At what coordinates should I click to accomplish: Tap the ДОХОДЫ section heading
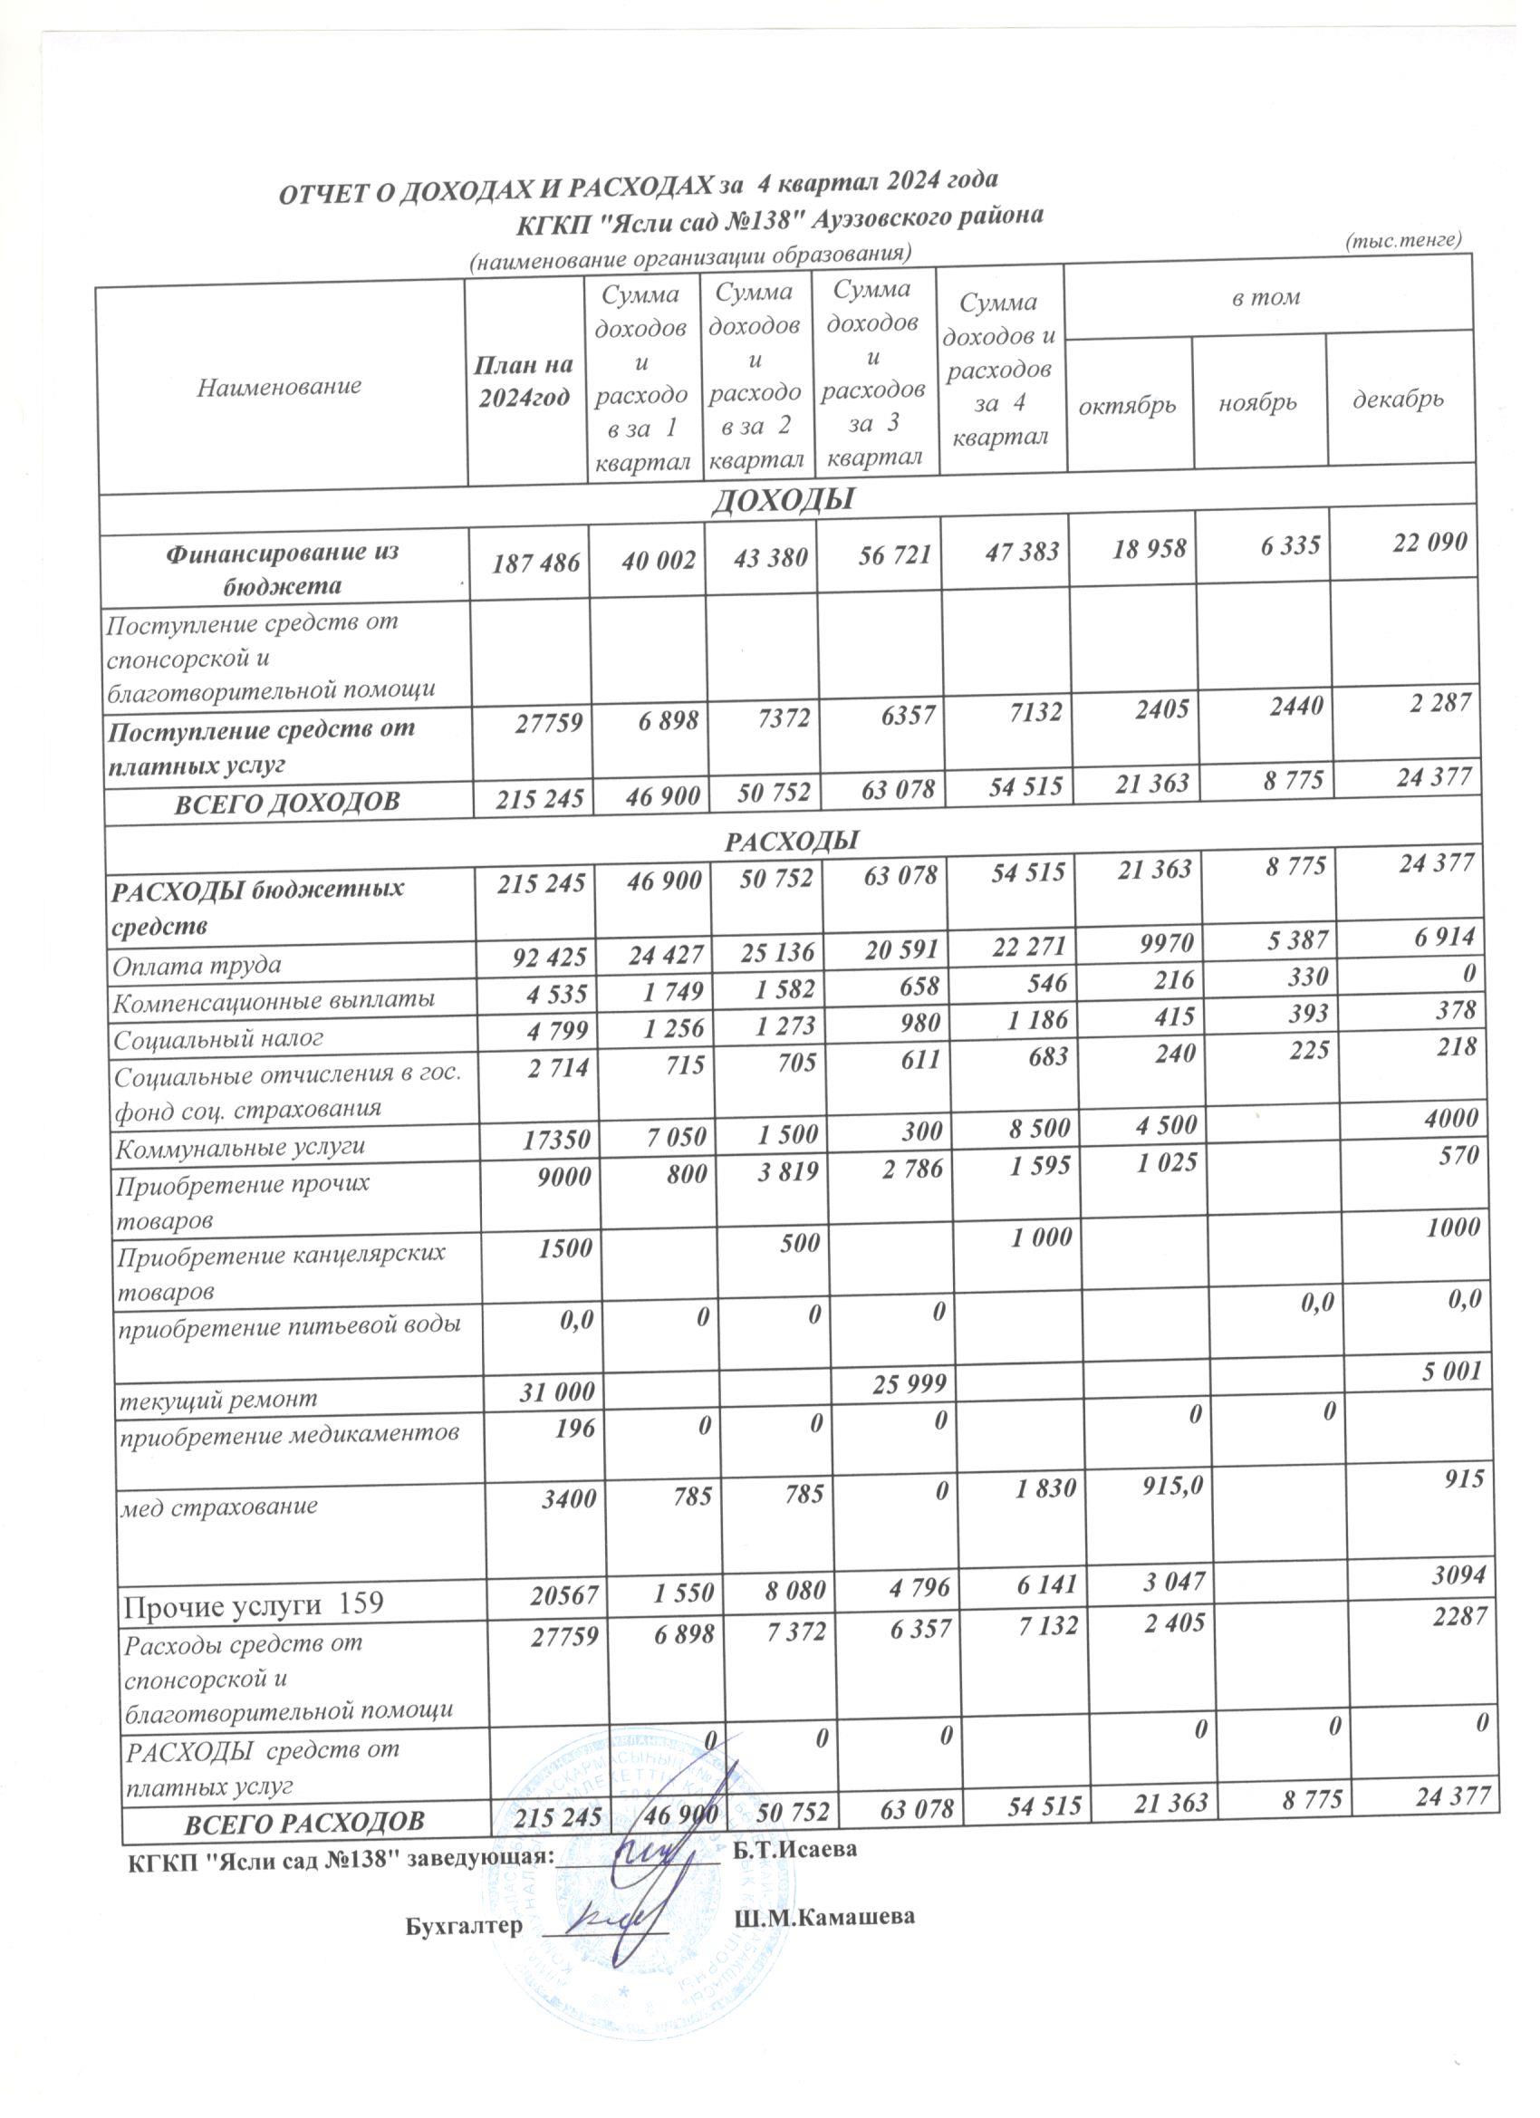pyautogui.click(x=784, y=502)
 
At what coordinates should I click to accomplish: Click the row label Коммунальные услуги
pyautogui.click(x=238, y=1146)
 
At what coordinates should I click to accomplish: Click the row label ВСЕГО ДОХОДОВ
pyautogui.click(x=288, y=801)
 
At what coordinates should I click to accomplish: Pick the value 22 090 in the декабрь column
pyautogui.click(x=1430, y=542)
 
